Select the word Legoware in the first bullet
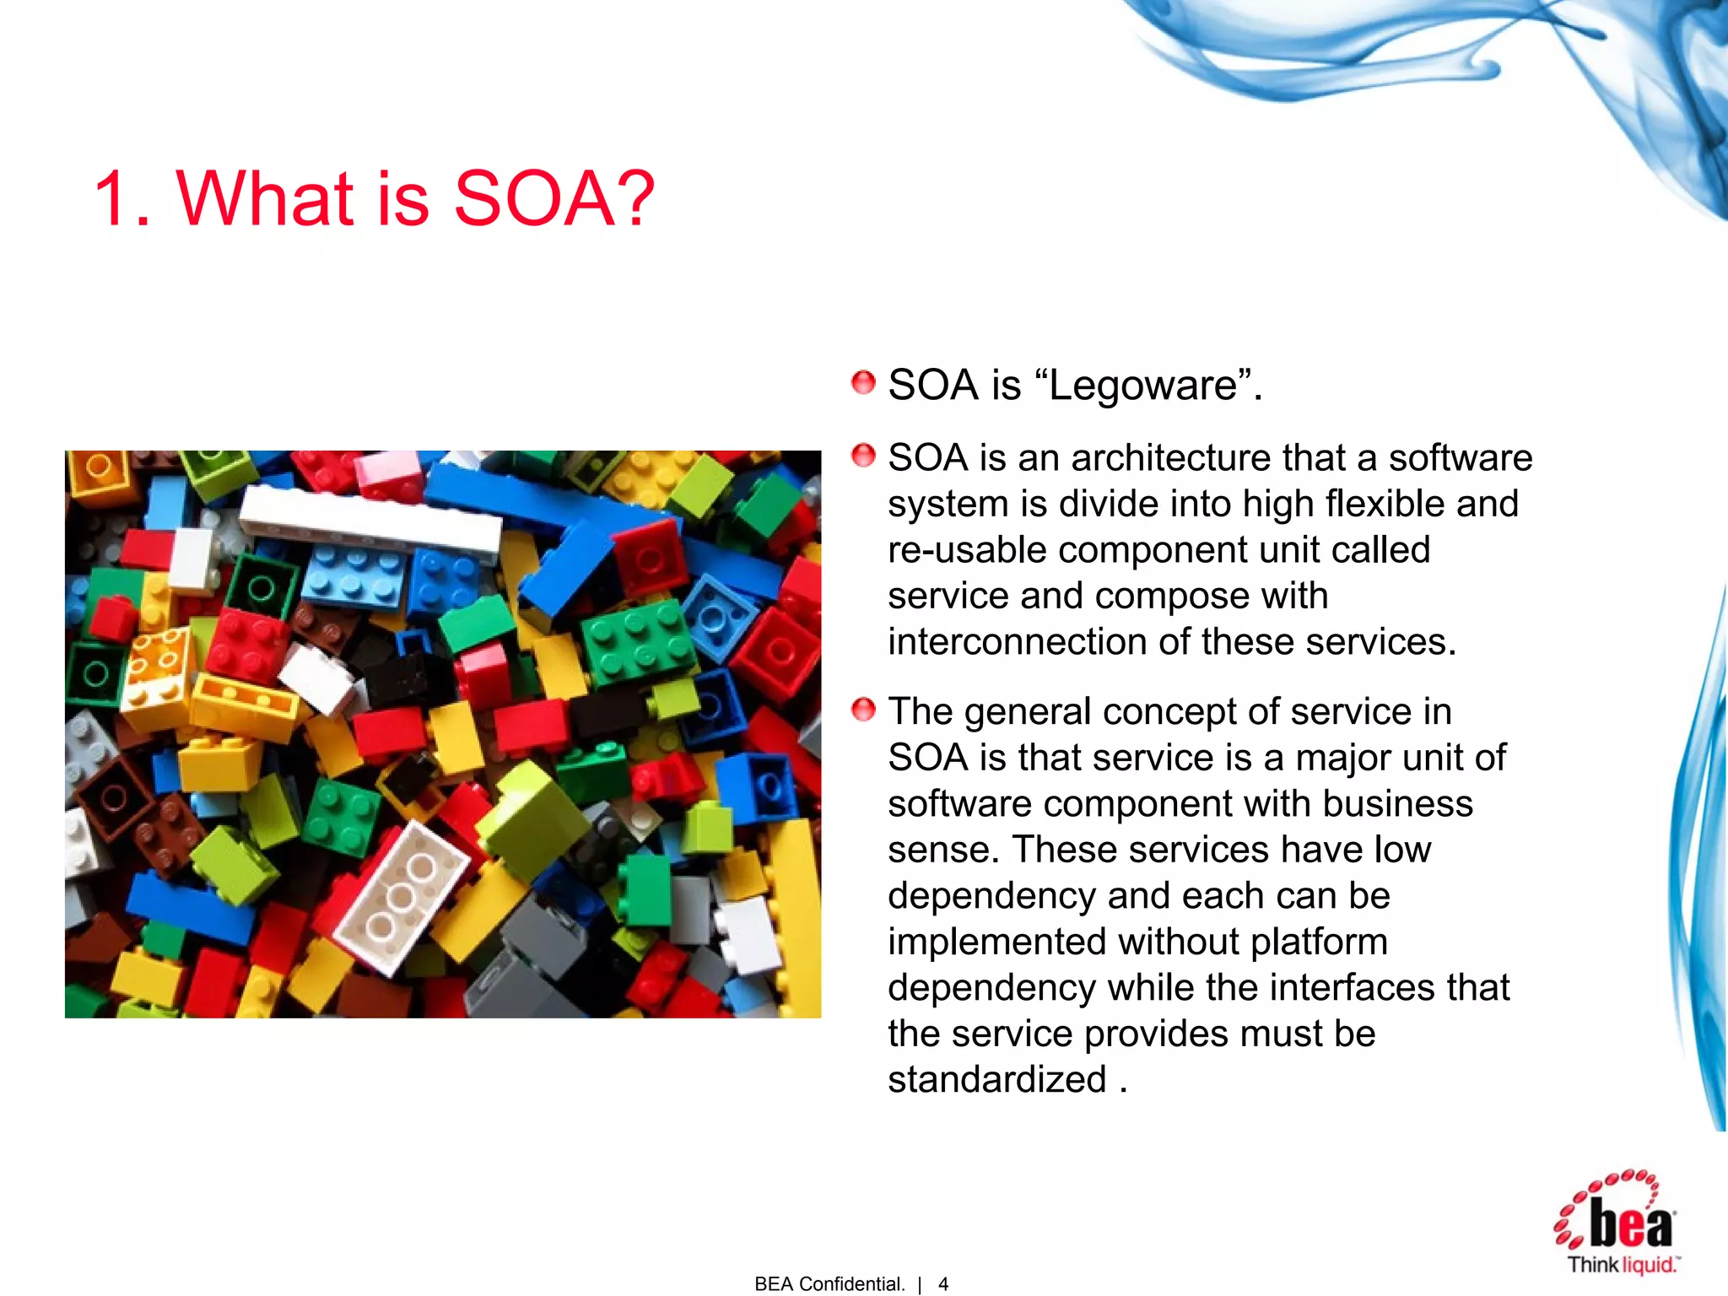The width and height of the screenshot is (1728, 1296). tap(1143, 386)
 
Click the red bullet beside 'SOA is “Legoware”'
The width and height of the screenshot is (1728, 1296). tap(863, 383)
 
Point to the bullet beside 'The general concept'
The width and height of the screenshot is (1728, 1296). tap(863, 710)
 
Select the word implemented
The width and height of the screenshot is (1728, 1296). tap(996, 942)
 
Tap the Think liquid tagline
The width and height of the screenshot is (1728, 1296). tap(1622, 1264)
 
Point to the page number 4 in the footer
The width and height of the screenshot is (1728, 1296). tap(943, 1284)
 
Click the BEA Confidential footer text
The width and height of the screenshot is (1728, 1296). tap(829, 1284)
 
